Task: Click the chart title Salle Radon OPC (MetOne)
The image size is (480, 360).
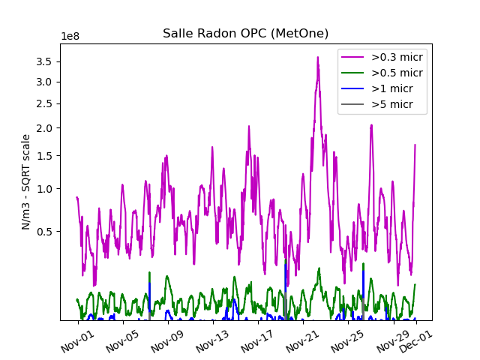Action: [x=245, y=34]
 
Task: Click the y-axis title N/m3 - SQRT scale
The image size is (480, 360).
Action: [x=26, y=181]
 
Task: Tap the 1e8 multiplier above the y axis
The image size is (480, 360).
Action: [x=71, y=37]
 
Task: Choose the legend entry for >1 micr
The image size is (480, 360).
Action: [x=391, y=88]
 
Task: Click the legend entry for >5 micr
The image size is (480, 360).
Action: [x=391, y=104]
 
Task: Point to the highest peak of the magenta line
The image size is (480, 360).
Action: [x=317, y=57]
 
